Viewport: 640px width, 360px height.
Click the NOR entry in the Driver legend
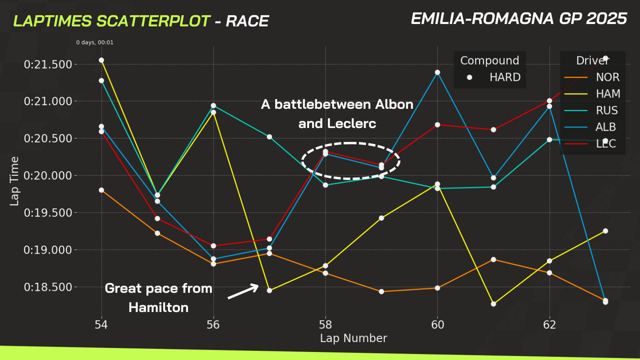point(607,77)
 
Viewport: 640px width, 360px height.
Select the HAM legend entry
point(608,94)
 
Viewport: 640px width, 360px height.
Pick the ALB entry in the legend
point(605,127)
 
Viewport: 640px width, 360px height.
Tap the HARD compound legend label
point(505,77)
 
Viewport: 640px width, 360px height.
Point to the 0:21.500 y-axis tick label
point(48,64)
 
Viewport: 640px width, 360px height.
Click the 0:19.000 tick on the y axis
point(48,250)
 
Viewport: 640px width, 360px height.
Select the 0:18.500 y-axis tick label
point(48,287)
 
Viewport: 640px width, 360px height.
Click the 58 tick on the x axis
point(325,324)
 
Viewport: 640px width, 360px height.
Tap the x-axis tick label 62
point(549,324)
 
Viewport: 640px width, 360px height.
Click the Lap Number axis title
point(353,338)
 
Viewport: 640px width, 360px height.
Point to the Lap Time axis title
point(14,181)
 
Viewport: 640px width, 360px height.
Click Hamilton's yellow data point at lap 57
point(269,290)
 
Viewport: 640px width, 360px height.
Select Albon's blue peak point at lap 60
point(437,72)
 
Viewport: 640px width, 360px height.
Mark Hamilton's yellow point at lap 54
point(101,60)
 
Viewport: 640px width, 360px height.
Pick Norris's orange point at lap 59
point(381,292)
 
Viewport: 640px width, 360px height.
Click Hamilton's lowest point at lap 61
point(493,304)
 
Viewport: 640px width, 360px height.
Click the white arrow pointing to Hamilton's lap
point(243,291)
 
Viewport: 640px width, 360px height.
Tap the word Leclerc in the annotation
point(351,124)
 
